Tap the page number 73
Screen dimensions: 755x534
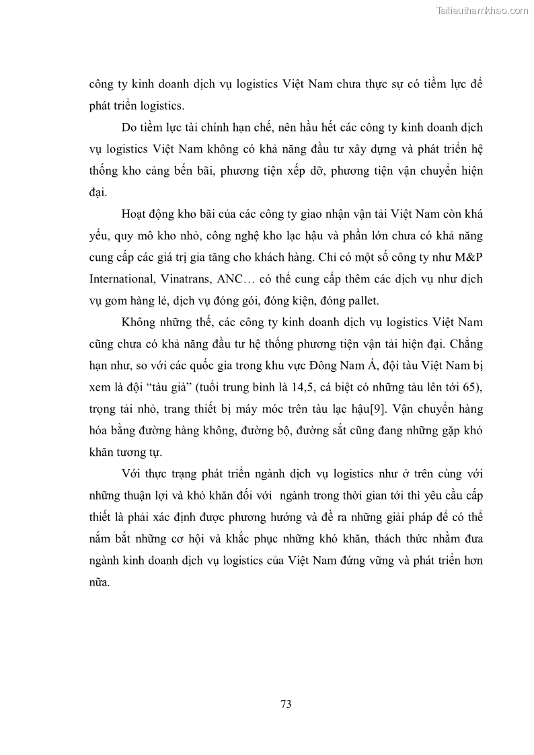[x=286, y=705]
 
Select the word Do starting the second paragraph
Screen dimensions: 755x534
[x=129, y=127]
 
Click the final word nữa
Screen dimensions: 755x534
[x=98, y=582]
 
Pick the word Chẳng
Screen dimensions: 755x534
[x=464, y=344]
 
